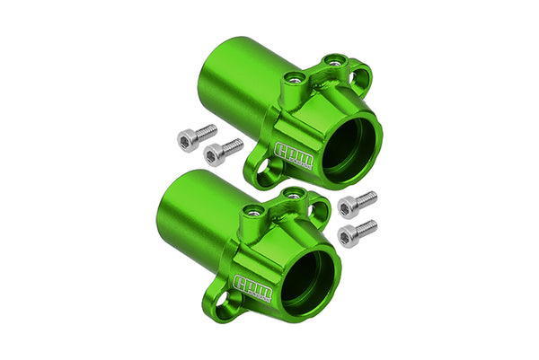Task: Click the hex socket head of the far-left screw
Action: [x=185, y=138]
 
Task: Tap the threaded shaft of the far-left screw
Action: [x=206, y=131]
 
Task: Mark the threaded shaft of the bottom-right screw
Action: [x=368, y=226]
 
